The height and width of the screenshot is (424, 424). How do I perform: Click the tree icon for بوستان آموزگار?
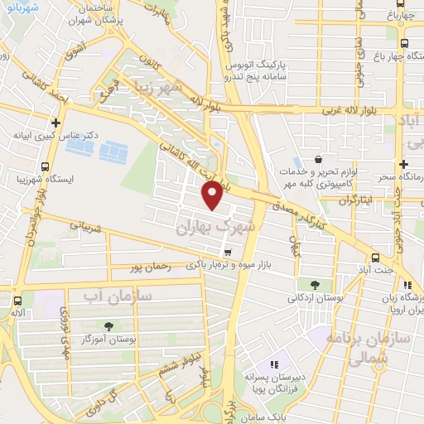pyautogui.click(x=108, y=325)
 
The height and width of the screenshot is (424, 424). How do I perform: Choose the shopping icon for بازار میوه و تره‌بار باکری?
pyautogui.click(x=227, y=252)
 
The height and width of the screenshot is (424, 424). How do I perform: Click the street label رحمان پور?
pyautogui.click(x=152, y=267)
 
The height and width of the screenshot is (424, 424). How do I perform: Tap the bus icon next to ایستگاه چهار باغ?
pyautogui.click(x=404, y=46)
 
